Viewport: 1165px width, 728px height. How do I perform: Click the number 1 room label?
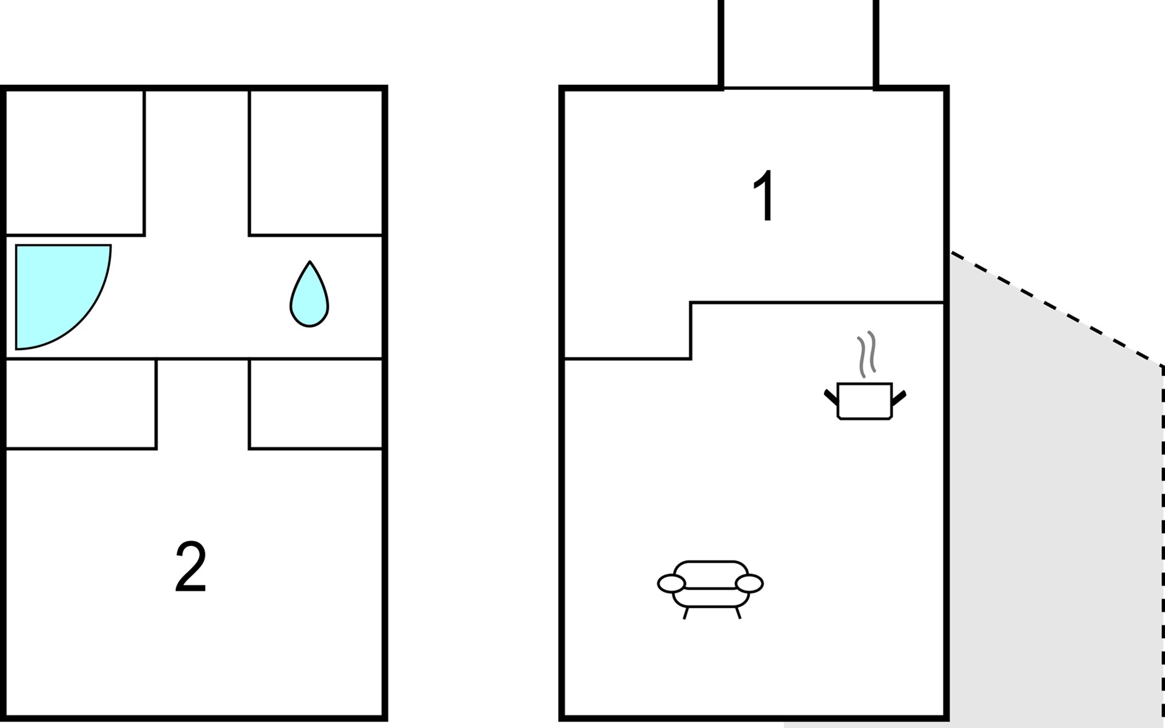click(763, 196)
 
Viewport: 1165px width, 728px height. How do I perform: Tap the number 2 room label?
click(191, 567)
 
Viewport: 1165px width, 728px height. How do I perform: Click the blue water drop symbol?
click(309, 294)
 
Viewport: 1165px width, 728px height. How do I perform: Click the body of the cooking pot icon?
click(865, 401)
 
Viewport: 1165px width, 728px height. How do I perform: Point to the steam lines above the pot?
click(866, 354)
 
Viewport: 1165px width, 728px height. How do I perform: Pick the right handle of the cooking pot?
click(899, 398)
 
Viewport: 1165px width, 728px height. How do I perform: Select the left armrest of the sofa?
click(671, 584)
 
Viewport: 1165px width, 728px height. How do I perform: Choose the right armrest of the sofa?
click(749, 584)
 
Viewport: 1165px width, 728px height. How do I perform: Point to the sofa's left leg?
click(686, 613)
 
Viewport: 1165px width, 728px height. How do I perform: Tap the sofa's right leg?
click(738, 613)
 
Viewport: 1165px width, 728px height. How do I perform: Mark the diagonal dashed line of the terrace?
click(1056, 308)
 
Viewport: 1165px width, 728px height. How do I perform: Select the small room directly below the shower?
click(81, 404)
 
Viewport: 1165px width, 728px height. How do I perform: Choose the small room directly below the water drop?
click(316, 404)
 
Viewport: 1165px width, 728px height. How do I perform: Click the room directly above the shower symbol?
click(75, 162)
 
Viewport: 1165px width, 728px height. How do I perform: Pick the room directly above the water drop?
click(316, 162)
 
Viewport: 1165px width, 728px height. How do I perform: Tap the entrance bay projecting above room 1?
click(799, 44)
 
